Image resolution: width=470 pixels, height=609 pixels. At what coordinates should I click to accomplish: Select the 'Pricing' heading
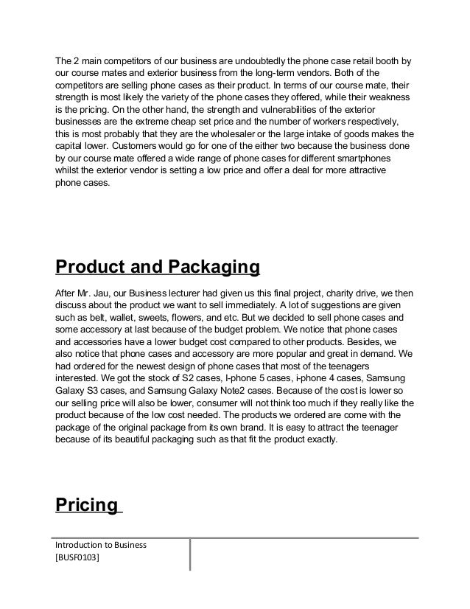click(x=87, y=506)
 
